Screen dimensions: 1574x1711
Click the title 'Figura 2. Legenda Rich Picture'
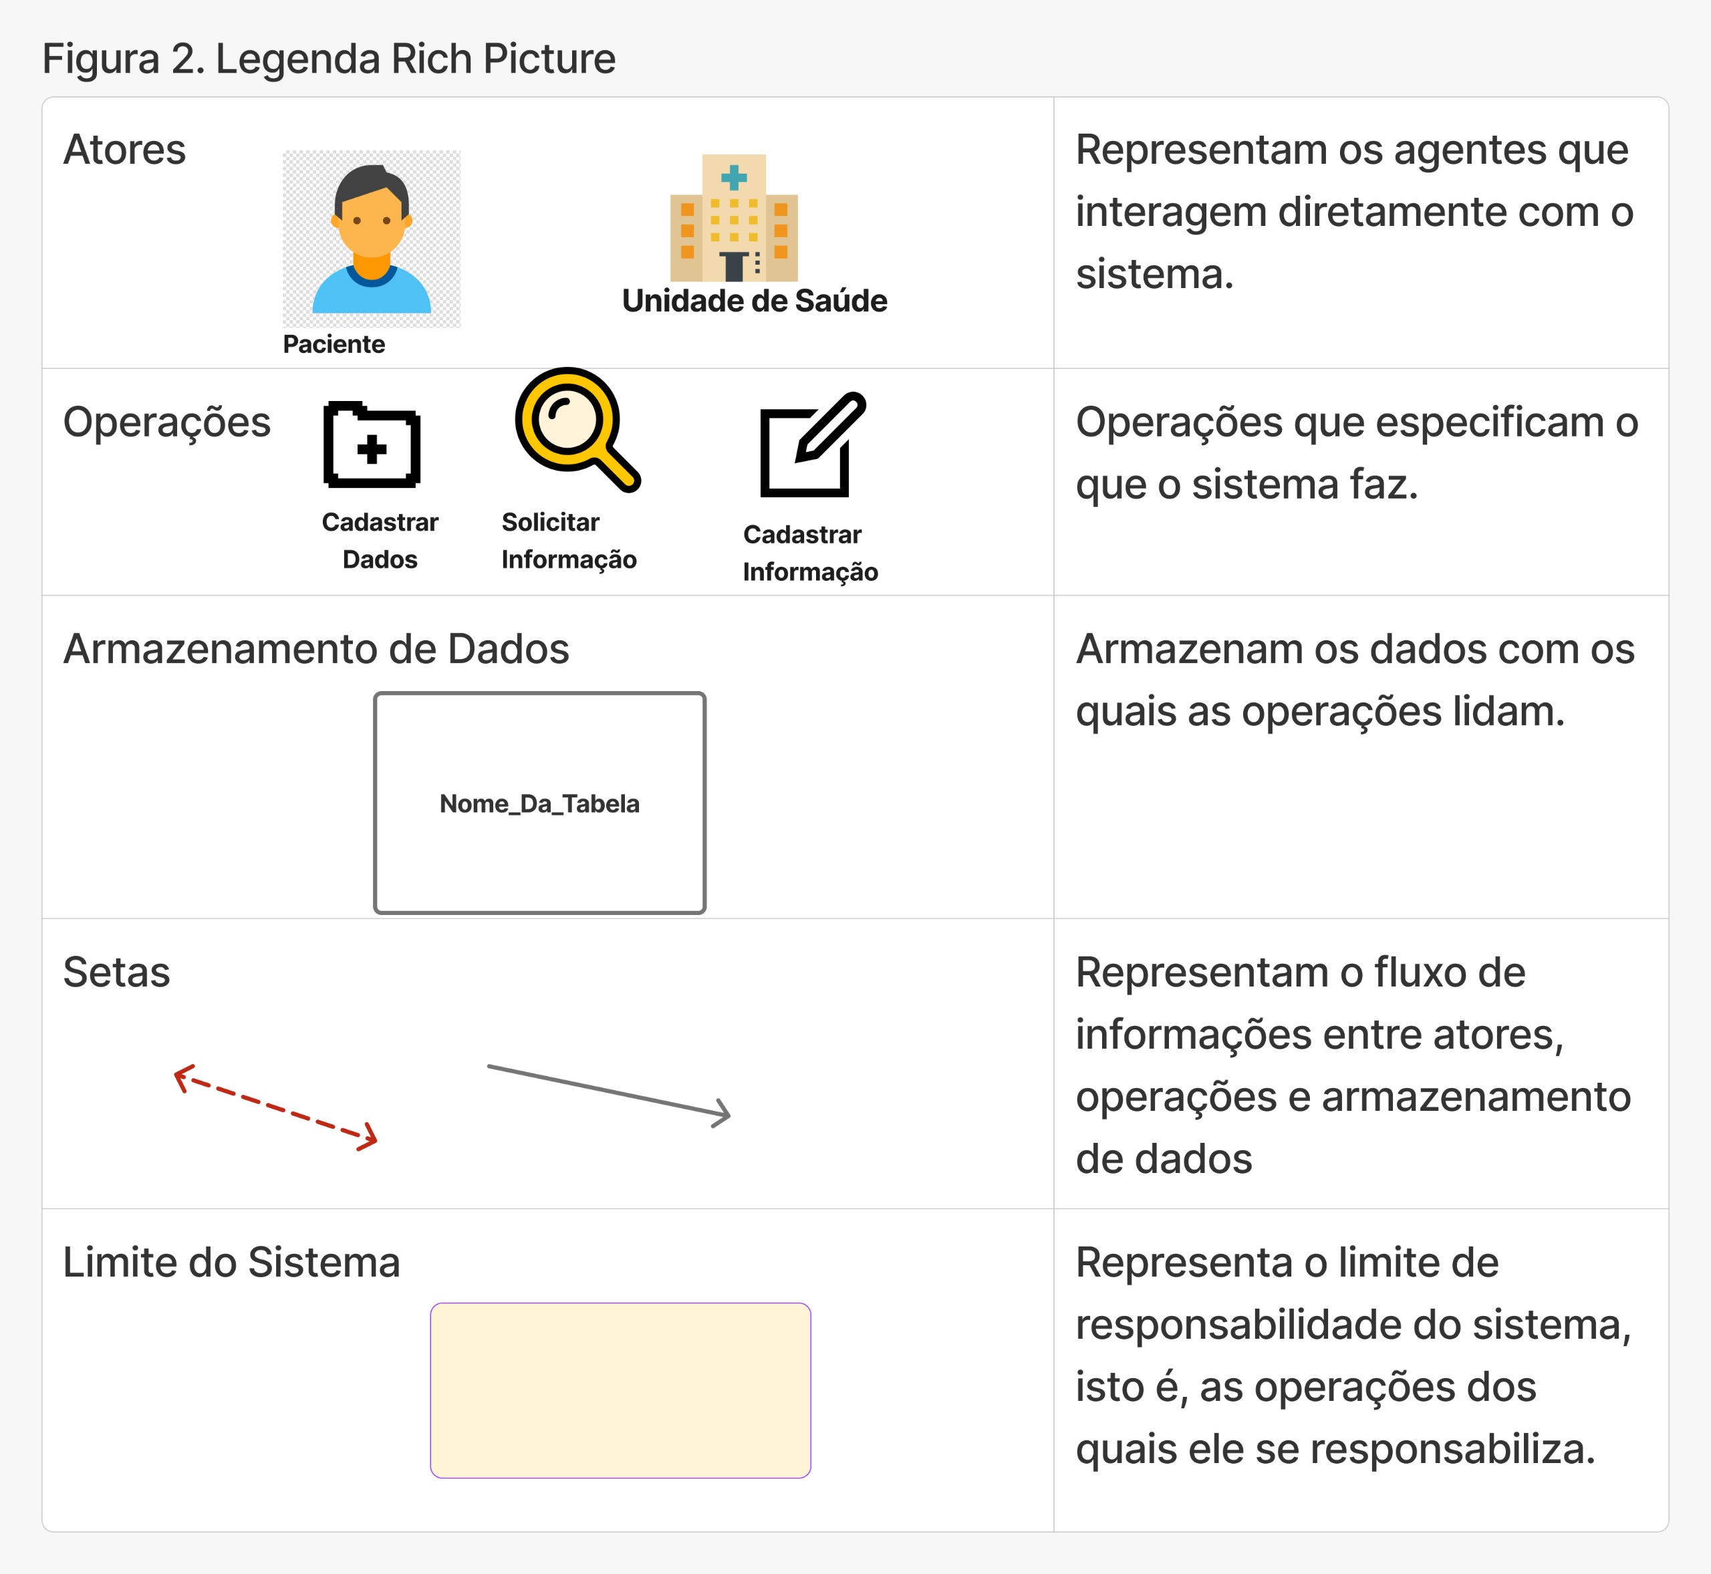(x=329, y=59)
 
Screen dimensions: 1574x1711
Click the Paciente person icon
(x=372, y=239)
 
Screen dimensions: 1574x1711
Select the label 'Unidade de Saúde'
(x=755, y=301)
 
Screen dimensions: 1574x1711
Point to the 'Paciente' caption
(x=334, y=344)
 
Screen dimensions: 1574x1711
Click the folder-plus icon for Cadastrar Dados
(x=372, y=444)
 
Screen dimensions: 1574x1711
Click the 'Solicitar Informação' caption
(x=569, y=541)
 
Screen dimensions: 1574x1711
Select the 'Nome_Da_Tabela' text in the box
(x=539, y=803)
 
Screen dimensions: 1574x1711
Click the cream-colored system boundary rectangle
(x=620, y=1390)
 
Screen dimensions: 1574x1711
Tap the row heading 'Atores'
(x=124, y=150)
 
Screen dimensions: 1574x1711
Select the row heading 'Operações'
(x=167, y=422)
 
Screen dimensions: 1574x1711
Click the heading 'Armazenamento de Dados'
(x=316, y=649)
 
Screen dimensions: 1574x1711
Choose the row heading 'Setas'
(x=117, y=972)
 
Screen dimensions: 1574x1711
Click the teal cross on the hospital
(x=733, y=177)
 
